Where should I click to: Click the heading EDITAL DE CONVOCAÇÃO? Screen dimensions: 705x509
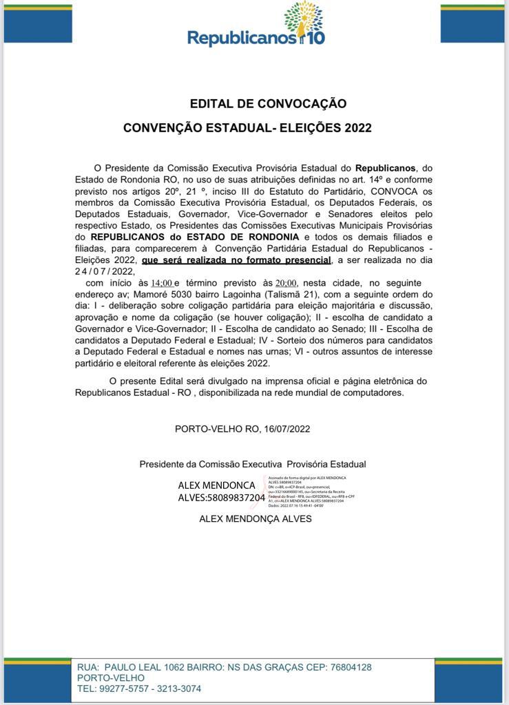coord(268,104)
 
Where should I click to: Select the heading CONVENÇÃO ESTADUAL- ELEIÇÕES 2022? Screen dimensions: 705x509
coord(247,128)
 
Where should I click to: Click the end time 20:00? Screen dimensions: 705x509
coord(286,283)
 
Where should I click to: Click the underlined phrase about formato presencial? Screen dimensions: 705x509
coord(236,260)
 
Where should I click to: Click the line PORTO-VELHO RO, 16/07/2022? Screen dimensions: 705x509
coord(242,428)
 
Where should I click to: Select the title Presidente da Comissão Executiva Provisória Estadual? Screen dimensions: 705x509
coord(252,464)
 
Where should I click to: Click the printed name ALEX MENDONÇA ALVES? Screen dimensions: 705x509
coord(255,518)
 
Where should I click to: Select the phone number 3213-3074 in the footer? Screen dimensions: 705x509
coord(178,688)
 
